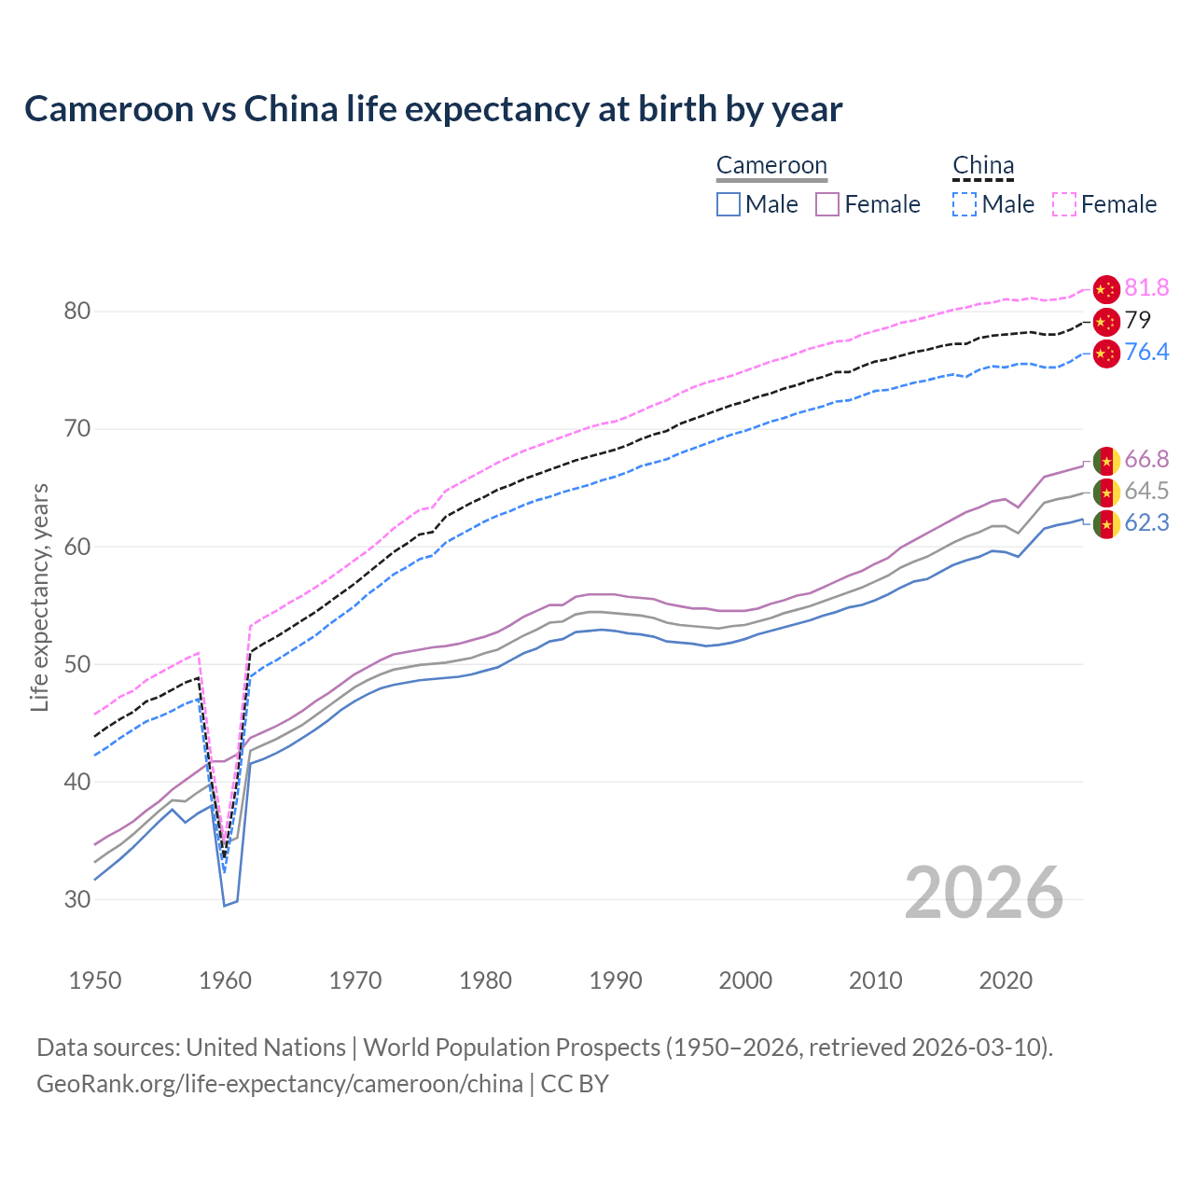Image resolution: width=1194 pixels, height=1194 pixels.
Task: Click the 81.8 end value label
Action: (x=1146, y=288)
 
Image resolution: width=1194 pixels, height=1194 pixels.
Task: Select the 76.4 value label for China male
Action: (x=1146, y=353)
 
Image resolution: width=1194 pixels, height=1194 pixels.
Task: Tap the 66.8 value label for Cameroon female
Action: (x=1146, y=460)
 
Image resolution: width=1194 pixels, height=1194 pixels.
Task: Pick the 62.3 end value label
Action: (x=1146, y=523)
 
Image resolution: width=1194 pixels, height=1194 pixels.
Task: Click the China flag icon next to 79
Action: (x=1106, y=322)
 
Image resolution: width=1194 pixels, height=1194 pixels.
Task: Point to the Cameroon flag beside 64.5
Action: (x=1106, y=493)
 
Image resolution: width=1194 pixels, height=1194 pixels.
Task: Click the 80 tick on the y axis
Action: (x=77, y=312)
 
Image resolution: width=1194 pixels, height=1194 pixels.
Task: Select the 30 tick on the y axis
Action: (x=77, y=900)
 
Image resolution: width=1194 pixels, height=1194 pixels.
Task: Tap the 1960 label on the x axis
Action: (x=226, y=981)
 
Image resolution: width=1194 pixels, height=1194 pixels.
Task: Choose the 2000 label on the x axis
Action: (x=745, y=981)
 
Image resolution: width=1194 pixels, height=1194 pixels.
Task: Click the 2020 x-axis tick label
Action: (x=1005, y=981)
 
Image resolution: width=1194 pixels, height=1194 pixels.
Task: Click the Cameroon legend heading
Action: (x=771, y=166)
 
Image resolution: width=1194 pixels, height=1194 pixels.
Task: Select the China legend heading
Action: (x=983, y=166)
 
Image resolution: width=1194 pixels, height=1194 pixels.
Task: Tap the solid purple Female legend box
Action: (x=827, y=204)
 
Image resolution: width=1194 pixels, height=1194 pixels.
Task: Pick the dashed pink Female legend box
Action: (x=1064, y=204)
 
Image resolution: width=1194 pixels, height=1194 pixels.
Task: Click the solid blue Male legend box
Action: (x=729, y=204)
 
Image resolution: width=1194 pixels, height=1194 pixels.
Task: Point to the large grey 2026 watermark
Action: (x=984, y=894)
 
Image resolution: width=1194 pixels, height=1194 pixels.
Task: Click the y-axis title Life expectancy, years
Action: (x=39, y=597)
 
